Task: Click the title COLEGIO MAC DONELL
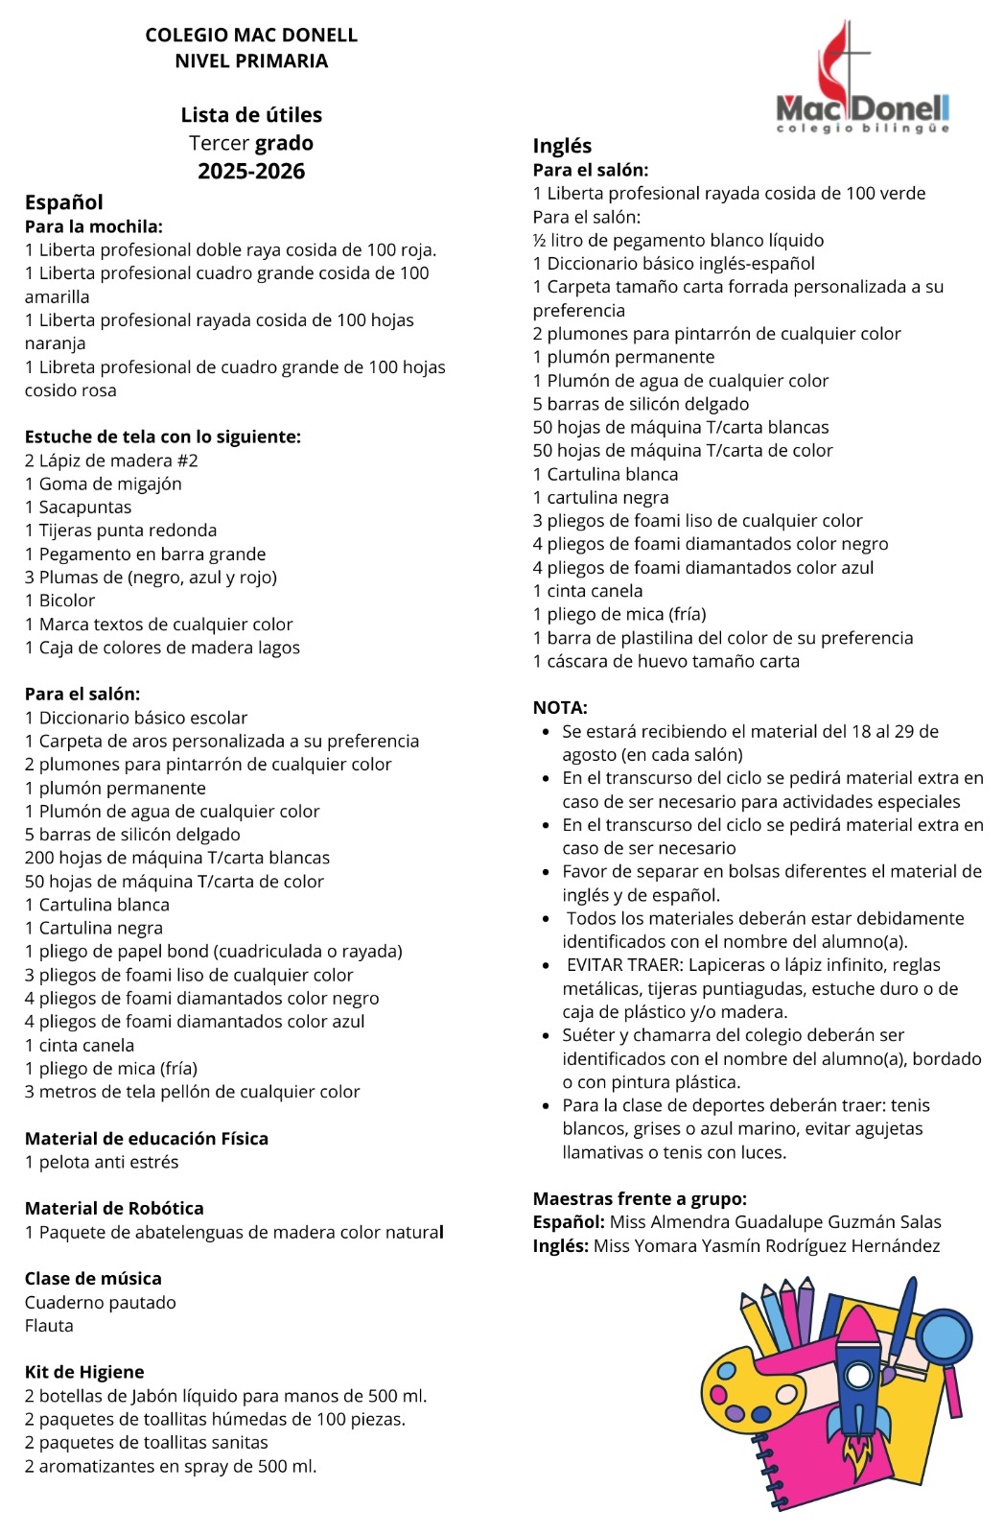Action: pyautogui.click(x=251, y=35)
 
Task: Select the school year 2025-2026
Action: pyautogui.click(x=251, y=172)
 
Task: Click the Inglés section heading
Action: pyautogui.click(x=562, y=146)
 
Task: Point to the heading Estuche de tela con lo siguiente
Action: pyautogui.click(x=163, y=437)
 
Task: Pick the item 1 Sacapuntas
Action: pyautogui.click(x=79, y=508)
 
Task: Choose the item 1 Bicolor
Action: pyautogui.click(x=60, y=601)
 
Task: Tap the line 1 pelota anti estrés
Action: pyautogui.click(x=102, y=1163)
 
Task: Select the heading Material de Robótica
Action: pyautogui.click(x=114, y=1209)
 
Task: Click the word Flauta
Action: pyautogui.click(x=49, y=1326)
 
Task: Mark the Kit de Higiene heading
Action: pyautogui.click(x=84, y=1373)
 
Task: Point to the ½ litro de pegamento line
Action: pyautogui.click(x=678, y=241)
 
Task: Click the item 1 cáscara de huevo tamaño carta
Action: pyautogui.click(x=665, y=662)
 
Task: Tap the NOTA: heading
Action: pyautogui.click(x=560, y=708)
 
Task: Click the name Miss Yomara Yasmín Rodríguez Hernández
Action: pyautogui.click(x=766, y=1246)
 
